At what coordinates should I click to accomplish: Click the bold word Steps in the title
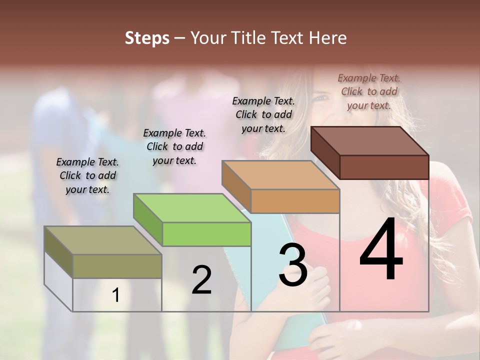coord(147,38)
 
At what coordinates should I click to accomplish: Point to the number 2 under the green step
coord(201,279)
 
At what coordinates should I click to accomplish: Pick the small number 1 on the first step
coord(116,295)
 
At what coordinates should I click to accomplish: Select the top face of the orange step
coord(280,175)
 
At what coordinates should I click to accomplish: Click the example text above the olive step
coord(87,175)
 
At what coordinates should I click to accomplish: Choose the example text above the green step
coord(174,146)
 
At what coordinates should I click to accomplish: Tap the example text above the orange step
coord(263,114)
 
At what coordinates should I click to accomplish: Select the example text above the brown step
coord(369,91)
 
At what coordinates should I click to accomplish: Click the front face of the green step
coord(206,234)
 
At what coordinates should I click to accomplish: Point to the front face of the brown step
coord(384,167)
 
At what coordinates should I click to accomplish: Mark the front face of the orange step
coord(295,201)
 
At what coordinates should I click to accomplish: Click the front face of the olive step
coord(117,266)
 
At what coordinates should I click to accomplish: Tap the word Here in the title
coord(327,38)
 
